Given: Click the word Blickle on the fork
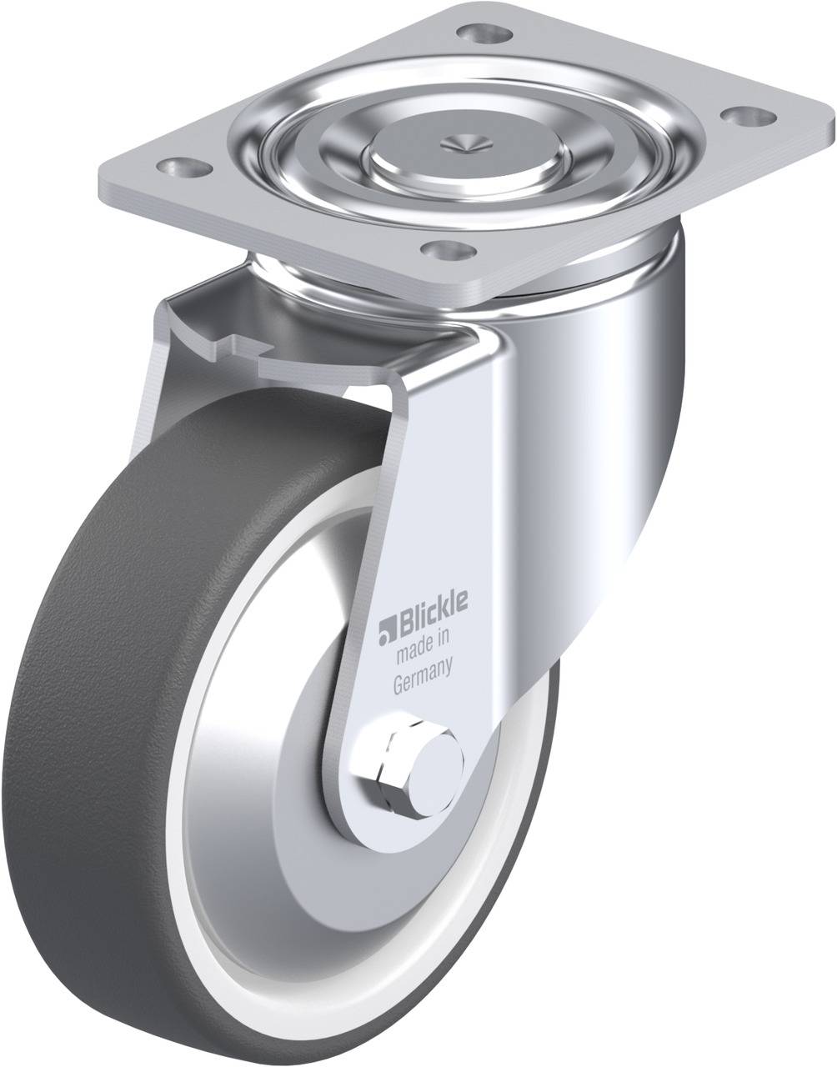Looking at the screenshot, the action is pos(434,607).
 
